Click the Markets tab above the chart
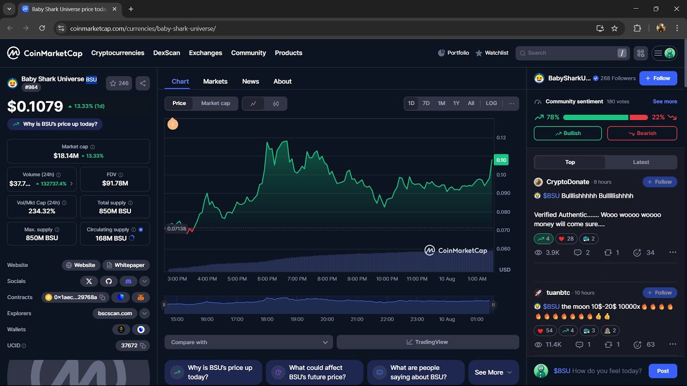[x=215, y=81]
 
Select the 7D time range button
[x=426, y=103]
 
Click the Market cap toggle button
[x=215, y=103]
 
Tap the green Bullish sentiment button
[x=567, y=133]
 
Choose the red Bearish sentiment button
[x=642, y=133]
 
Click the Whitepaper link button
[x=126, y=265]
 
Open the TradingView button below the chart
[x=427, y=342]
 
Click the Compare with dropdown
[x=249, y=342]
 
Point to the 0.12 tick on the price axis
[x=501, y=138]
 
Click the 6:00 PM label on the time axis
[x=267, y=279]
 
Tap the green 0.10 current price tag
[x=501, y=160]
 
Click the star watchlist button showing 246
[x=119, y=83]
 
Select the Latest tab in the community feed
[x=641, y=162]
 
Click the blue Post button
[x=663, y=371]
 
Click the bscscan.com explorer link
[x=115, y=314]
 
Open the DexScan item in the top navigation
[x=166, y=53]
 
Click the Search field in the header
[x=569, y=53]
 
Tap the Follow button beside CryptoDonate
[x=660, y=182]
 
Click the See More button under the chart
[x=493, y=373]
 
